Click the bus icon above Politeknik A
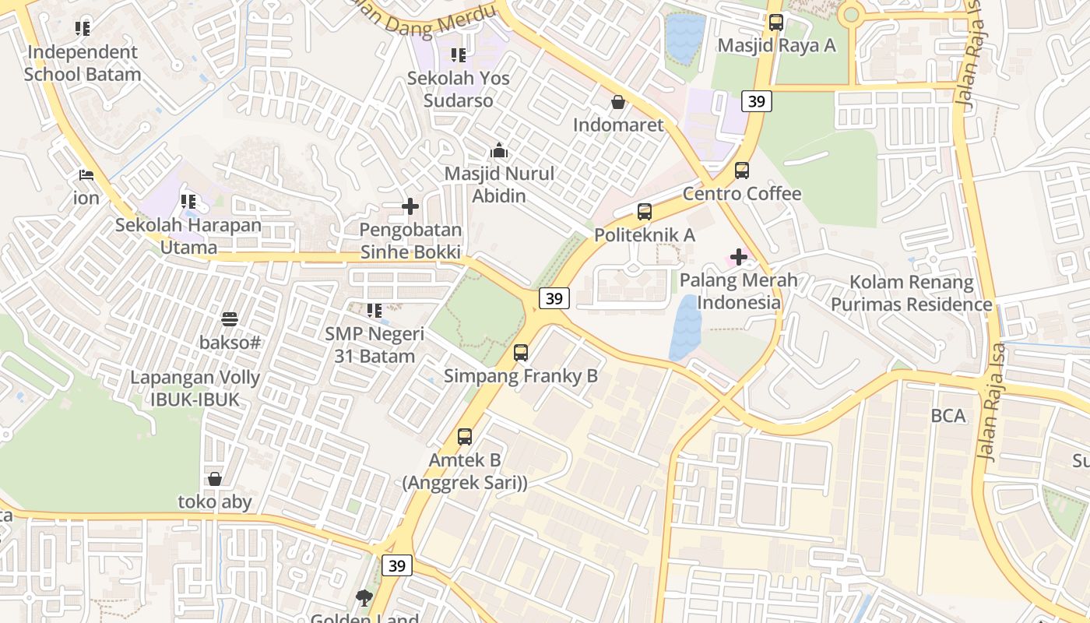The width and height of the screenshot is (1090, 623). tap(644, 211)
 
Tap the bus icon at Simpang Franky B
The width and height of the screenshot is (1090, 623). tap(521, 353)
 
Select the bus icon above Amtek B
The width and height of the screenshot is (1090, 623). tap(465, 436)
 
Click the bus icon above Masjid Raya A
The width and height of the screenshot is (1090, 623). tap(775, 22)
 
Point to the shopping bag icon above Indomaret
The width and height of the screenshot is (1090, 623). tap(618, 102)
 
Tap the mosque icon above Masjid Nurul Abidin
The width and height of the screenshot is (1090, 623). tap(499, 150)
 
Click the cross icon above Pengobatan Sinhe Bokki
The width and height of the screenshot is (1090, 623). tap(410, 206)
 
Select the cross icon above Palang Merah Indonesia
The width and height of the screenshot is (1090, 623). tap(738, 256)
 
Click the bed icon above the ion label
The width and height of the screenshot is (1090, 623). tap(86, 175)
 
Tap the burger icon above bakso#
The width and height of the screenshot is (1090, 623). tap(229, 319)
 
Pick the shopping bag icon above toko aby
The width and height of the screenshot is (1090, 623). tap(215, 479)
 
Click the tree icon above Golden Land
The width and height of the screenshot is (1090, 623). tap(364, 598)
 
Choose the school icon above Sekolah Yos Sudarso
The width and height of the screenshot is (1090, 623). tap(459, 55)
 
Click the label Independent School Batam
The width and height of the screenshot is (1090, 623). tap(83, 63)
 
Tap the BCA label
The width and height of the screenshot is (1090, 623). tap(948, 416)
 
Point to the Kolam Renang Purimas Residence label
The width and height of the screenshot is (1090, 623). tap(911, 293)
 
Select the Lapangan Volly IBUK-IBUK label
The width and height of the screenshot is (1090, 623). tap(195, 389)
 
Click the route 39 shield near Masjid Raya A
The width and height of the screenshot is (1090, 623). tap(756, 100)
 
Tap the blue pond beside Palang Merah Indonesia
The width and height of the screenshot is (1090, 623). tap(685, 327)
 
